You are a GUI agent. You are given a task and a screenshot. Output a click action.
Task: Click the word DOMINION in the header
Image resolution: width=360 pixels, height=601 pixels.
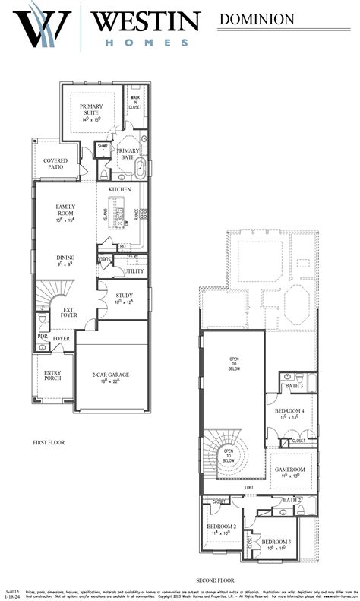257,19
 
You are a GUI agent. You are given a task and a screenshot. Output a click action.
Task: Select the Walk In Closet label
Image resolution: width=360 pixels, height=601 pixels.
135,103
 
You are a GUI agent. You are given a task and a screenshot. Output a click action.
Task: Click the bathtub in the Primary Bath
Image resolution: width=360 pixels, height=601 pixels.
140,168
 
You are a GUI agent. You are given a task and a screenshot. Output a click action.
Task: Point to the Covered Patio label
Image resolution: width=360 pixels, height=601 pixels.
55,164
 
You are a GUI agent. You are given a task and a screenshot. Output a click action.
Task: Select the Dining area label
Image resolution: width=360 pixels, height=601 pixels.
65,261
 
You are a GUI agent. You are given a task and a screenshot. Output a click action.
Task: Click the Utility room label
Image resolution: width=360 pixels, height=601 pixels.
134,271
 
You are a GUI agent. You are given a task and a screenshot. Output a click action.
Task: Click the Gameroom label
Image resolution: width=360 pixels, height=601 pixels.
289,473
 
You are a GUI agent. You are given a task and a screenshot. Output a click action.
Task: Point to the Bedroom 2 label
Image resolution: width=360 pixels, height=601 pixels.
221,529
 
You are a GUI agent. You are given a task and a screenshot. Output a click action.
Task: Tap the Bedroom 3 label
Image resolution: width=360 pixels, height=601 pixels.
275,544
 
